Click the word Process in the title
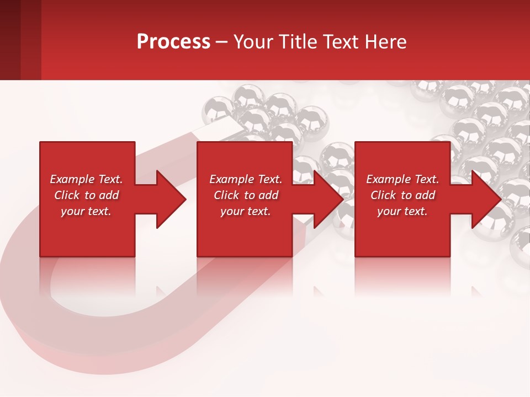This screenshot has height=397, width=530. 173,42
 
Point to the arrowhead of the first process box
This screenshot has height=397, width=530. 171,199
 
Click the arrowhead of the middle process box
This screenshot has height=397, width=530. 328,199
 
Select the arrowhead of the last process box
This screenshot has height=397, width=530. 486,199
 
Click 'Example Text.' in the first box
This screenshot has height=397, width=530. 86,179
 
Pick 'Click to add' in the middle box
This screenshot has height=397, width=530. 246,195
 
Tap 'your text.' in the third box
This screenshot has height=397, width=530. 402,211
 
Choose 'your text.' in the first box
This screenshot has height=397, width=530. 86,211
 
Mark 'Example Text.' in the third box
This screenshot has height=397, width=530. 402,179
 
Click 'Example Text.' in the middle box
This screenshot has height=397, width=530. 246,179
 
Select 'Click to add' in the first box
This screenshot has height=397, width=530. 86,195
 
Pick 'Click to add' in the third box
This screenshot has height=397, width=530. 402,195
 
